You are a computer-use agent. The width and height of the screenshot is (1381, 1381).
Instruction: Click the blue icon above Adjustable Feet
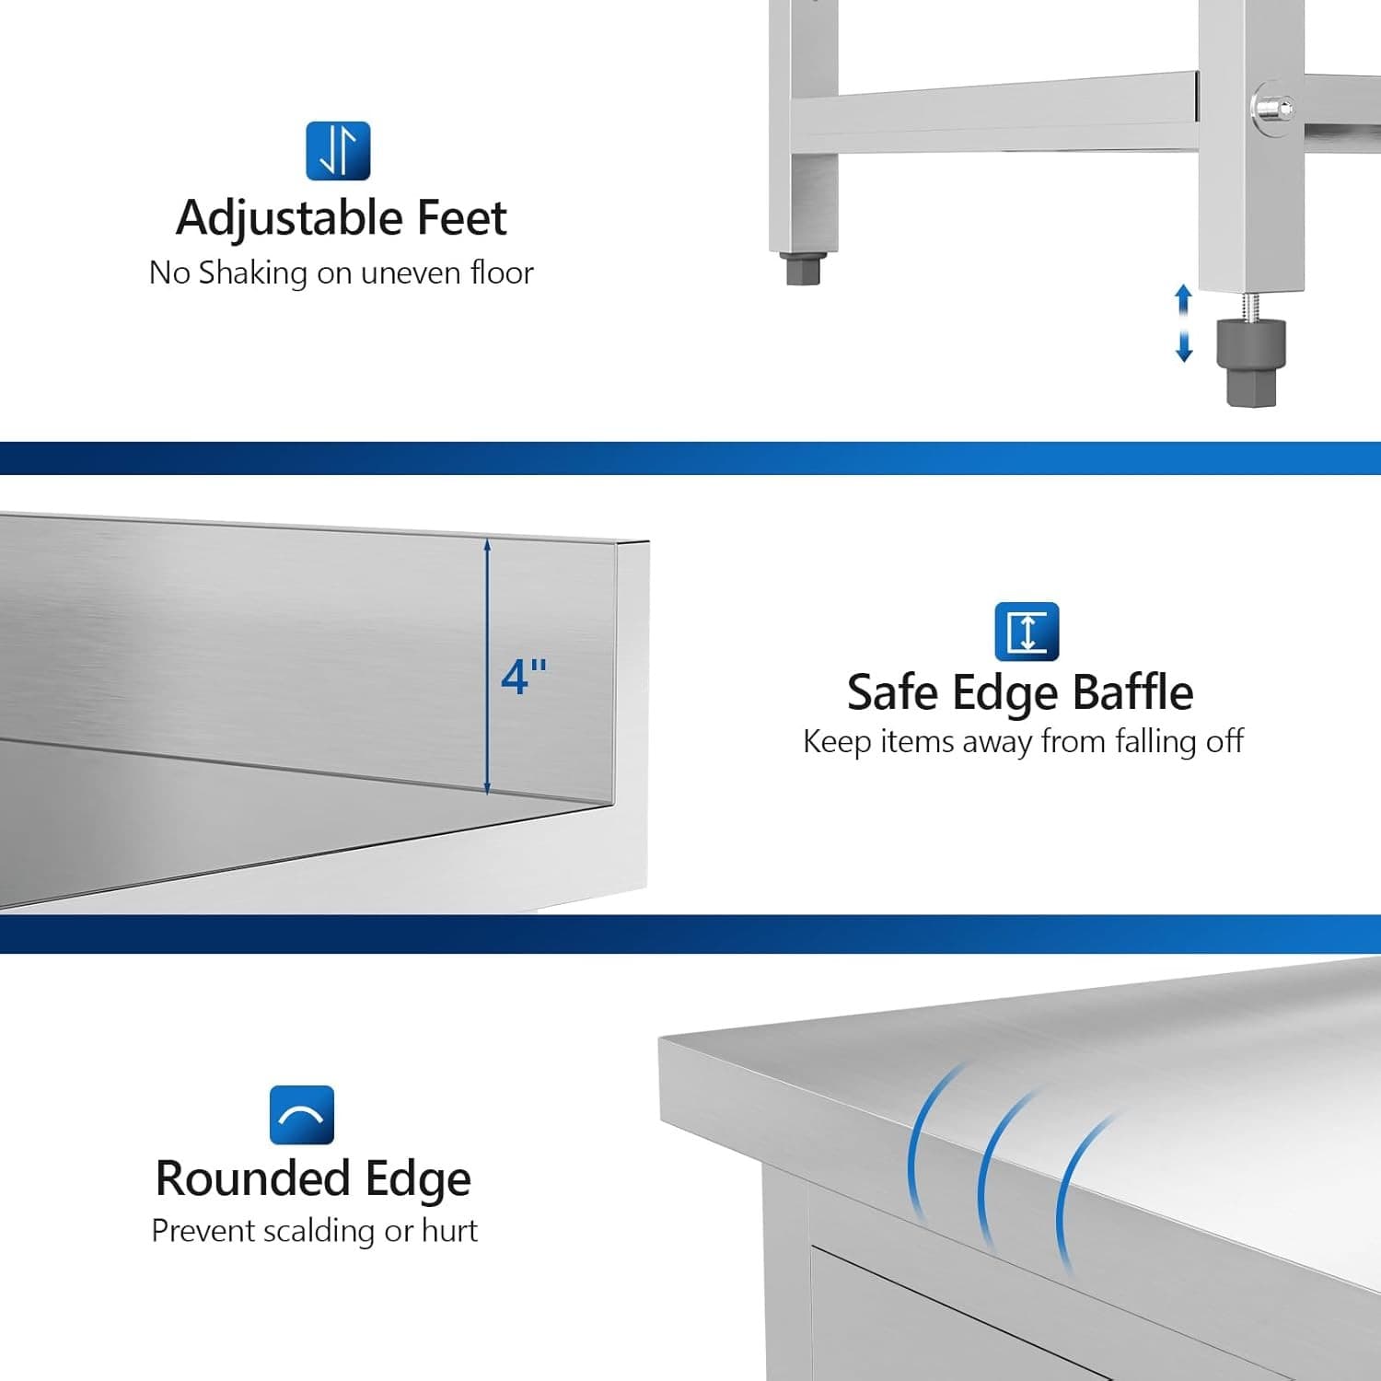[338, 151]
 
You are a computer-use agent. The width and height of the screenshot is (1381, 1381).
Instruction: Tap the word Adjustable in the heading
[290, 219]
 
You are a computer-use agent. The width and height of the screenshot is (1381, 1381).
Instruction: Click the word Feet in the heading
[461, 218]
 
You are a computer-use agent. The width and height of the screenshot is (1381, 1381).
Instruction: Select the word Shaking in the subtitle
[253, 273]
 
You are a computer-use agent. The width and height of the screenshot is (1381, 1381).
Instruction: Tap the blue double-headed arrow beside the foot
[1184, 323]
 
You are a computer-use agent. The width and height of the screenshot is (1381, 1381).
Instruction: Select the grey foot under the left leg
[803, 269]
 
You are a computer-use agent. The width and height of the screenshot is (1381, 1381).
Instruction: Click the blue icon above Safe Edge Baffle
[1027, 632]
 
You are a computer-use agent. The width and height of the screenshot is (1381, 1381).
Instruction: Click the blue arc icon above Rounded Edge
[302, 1115]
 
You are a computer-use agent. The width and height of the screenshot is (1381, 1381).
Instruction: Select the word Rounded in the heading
[253, 1178]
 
